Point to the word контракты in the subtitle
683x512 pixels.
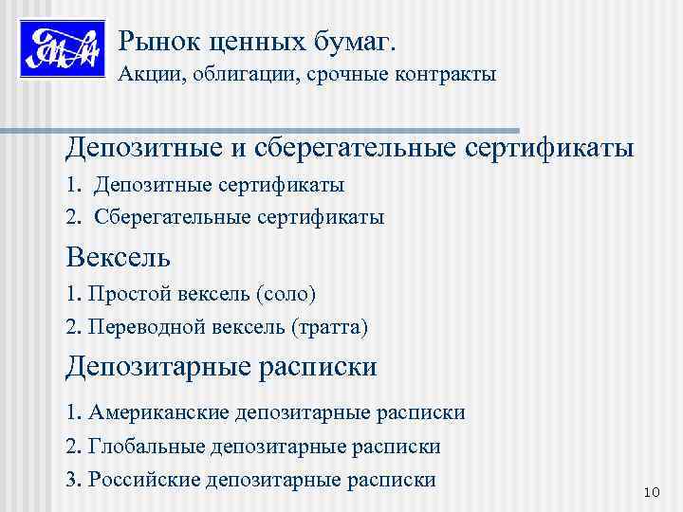[445, 74]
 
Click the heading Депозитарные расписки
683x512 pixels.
[221, 367]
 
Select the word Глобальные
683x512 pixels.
[144, 446]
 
